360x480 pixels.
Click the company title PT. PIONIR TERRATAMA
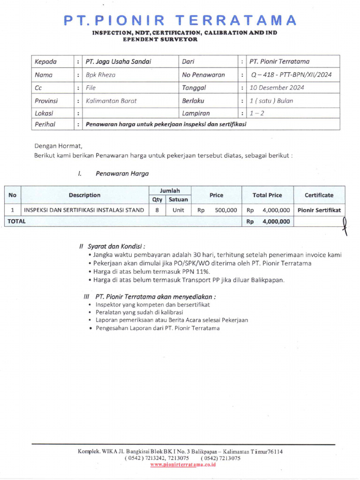coord(180,20)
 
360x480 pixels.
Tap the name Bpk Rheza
coord(101,75)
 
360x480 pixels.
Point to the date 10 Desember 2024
coord(277,88)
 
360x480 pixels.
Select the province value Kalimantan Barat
coord(111,101)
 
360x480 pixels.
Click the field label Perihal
coord(45,124)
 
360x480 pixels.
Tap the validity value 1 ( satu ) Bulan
coord(271,101)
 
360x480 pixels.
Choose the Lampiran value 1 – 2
coord(257,113)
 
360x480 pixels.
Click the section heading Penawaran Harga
coord(122,173)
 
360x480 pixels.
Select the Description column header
coord(84,195)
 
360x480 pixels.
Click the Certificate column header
coord(319,195)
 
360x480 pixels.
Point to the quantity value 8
coord(157,210)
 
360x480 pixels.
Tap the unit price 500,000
coord(225,210)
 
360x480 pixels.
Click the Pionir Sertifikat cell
coord(319,210)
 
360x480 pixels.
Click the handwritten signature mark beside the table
coord(345,225)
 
